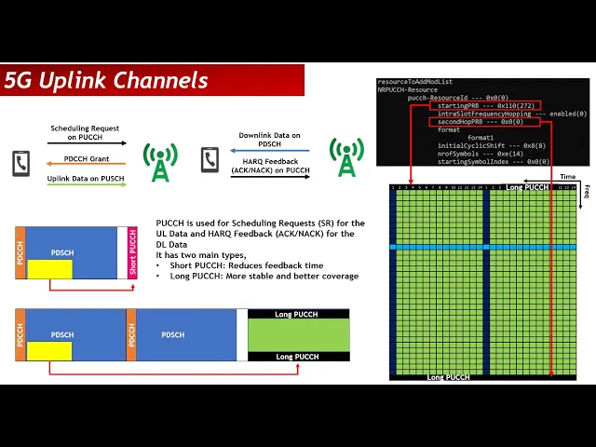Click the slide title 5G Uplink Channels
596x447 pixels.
(x=106, y=80)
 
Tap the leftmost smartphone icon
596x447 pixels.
(x=20, y=163)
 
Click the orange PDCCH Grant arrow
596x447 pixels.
(x=87, y=163)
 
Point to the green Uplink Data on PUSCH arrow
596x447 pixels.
(x=87, y=184)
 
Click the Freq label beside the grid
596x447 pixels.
(x=587, y=191)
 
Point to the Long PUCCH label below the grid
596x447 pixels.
(x=448, y=377)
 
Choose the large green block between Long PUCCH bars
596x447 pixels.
(x=298, y=335)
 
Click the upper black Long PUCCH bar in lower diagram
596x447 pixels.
(x=298, y=315)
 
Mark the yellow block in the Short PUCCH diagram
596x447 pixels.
(x=49, y=269)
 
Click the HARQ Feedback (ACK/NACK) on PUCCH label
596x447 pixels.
(x=270, y=165)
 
